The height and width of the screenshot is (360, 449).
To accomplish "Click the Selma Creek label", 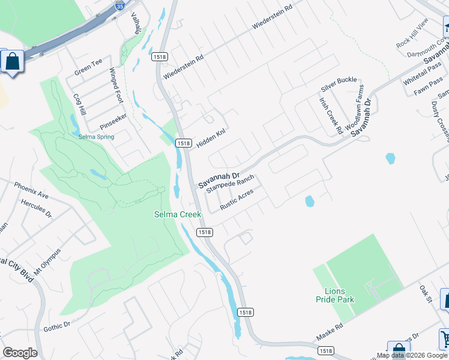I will [177, 214].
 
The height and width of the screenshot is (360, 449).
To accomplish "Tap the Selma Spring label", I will [96, 137].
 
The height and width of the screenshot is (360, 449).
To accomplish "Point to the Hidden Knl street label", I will [211, 140].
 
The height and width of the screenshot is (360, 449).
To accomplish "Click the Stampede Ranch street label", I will [231, 184].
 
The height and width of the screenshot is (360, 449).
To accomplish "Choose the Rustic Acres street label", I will [237, 199].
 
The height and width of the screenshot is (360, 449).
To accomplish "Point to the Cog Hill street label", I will [79, 104].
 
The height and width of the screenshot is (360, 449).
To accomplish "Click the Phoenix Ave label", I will [31, 191].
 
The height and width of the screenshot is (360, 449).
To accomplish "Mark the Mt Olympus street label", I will [47, 262].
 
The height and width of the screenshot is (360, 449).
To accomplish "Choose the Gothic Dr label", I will [57, 326].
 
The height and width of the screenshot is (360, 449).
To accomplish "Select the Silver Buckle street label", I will [339, 80].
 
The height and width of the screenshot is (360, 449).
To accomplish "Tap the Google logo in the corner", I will [20, 352].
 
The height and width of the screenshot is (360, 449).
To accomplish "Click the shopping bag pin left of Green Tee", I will [11, 62].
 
